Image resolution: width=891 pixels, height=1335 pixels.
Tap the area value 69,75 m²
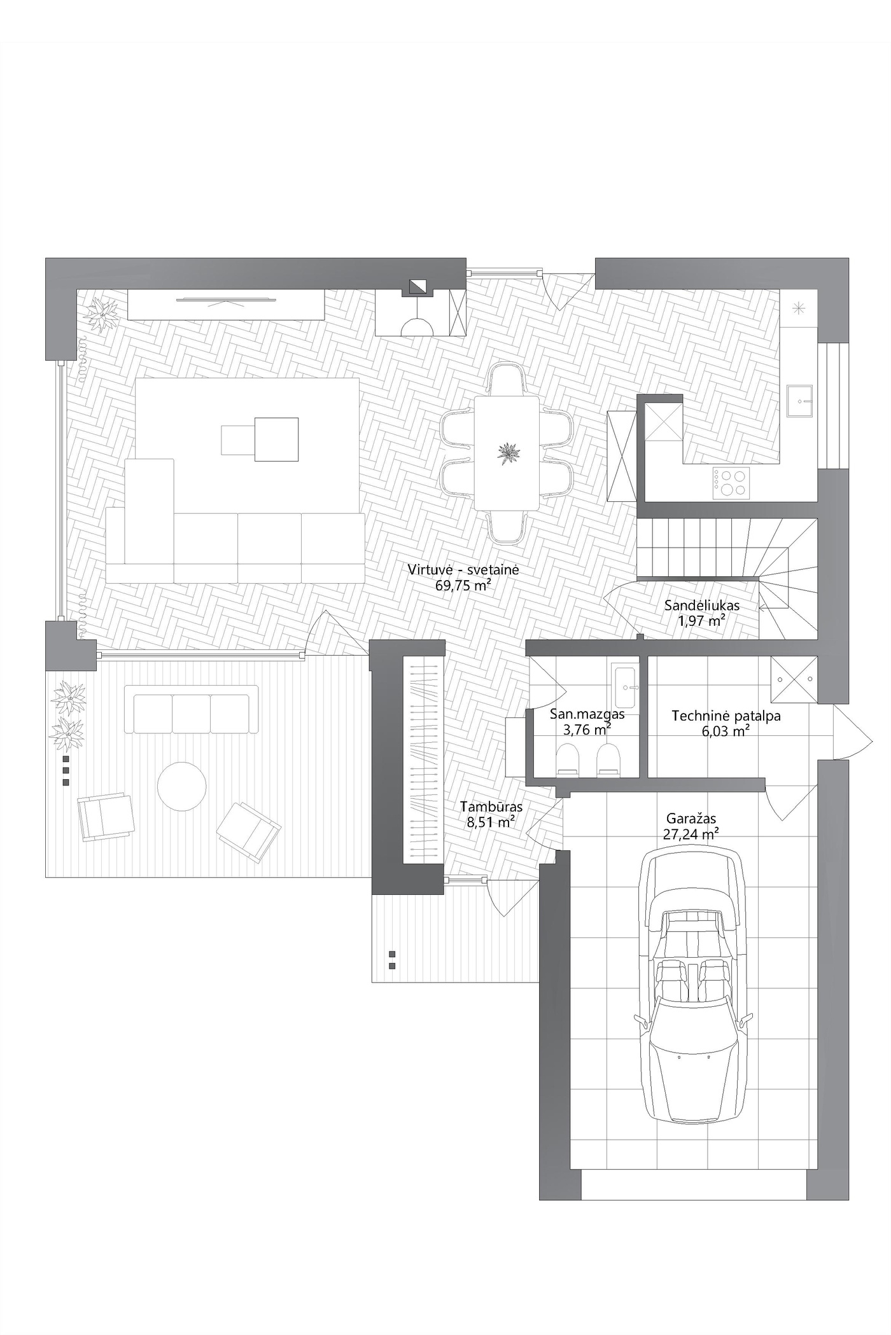point(463,586)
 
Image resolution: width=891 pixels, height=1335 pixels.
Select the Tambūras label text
point(491,806)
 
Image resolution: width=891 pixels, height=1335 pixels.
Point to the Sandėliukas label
point(702,605)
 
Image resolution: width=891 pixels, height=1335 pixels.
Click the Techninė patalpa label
point(726,716)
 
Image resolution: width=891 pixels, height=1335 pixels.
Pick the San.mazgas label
point(587,714)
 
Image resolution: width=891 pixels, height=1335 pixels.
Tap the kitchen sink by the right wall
point(800,401)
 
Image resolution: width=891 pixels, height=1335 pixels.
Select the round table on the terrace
point(182,786)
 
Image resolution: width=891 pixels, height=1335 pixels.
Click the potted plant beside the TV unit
point(102,314)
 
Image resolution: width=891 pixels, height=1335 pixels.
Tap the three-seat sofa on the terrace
point(191,710)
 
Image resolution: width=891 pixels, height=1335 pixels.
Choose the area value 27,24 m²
point(691,834)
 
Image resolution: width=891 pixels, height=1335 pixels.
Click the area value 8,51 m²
point(491,822)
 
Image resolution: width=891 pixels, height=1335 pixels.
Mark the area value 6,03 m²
point(726,731)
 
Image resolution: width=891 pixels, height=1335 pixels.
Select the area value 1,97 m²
point(702,621)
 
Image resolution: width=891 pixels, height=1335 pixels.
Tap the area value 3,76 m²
point(587,730)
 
